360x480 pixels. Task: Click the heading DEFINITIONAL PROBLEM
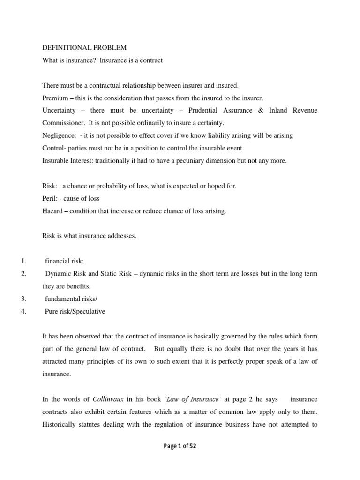click(x=84, y=48)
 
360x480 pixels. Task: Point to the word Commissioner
click(x=61, y=123)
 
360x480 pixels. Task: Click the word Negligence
click(x=58, y=135)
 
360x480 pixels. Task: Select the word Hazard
click(x=52, y=211)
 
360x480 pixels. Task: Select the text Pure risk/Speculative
click(x=75, y=311)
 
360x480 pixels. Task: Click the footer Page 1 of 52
click(x=180, y=446)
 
